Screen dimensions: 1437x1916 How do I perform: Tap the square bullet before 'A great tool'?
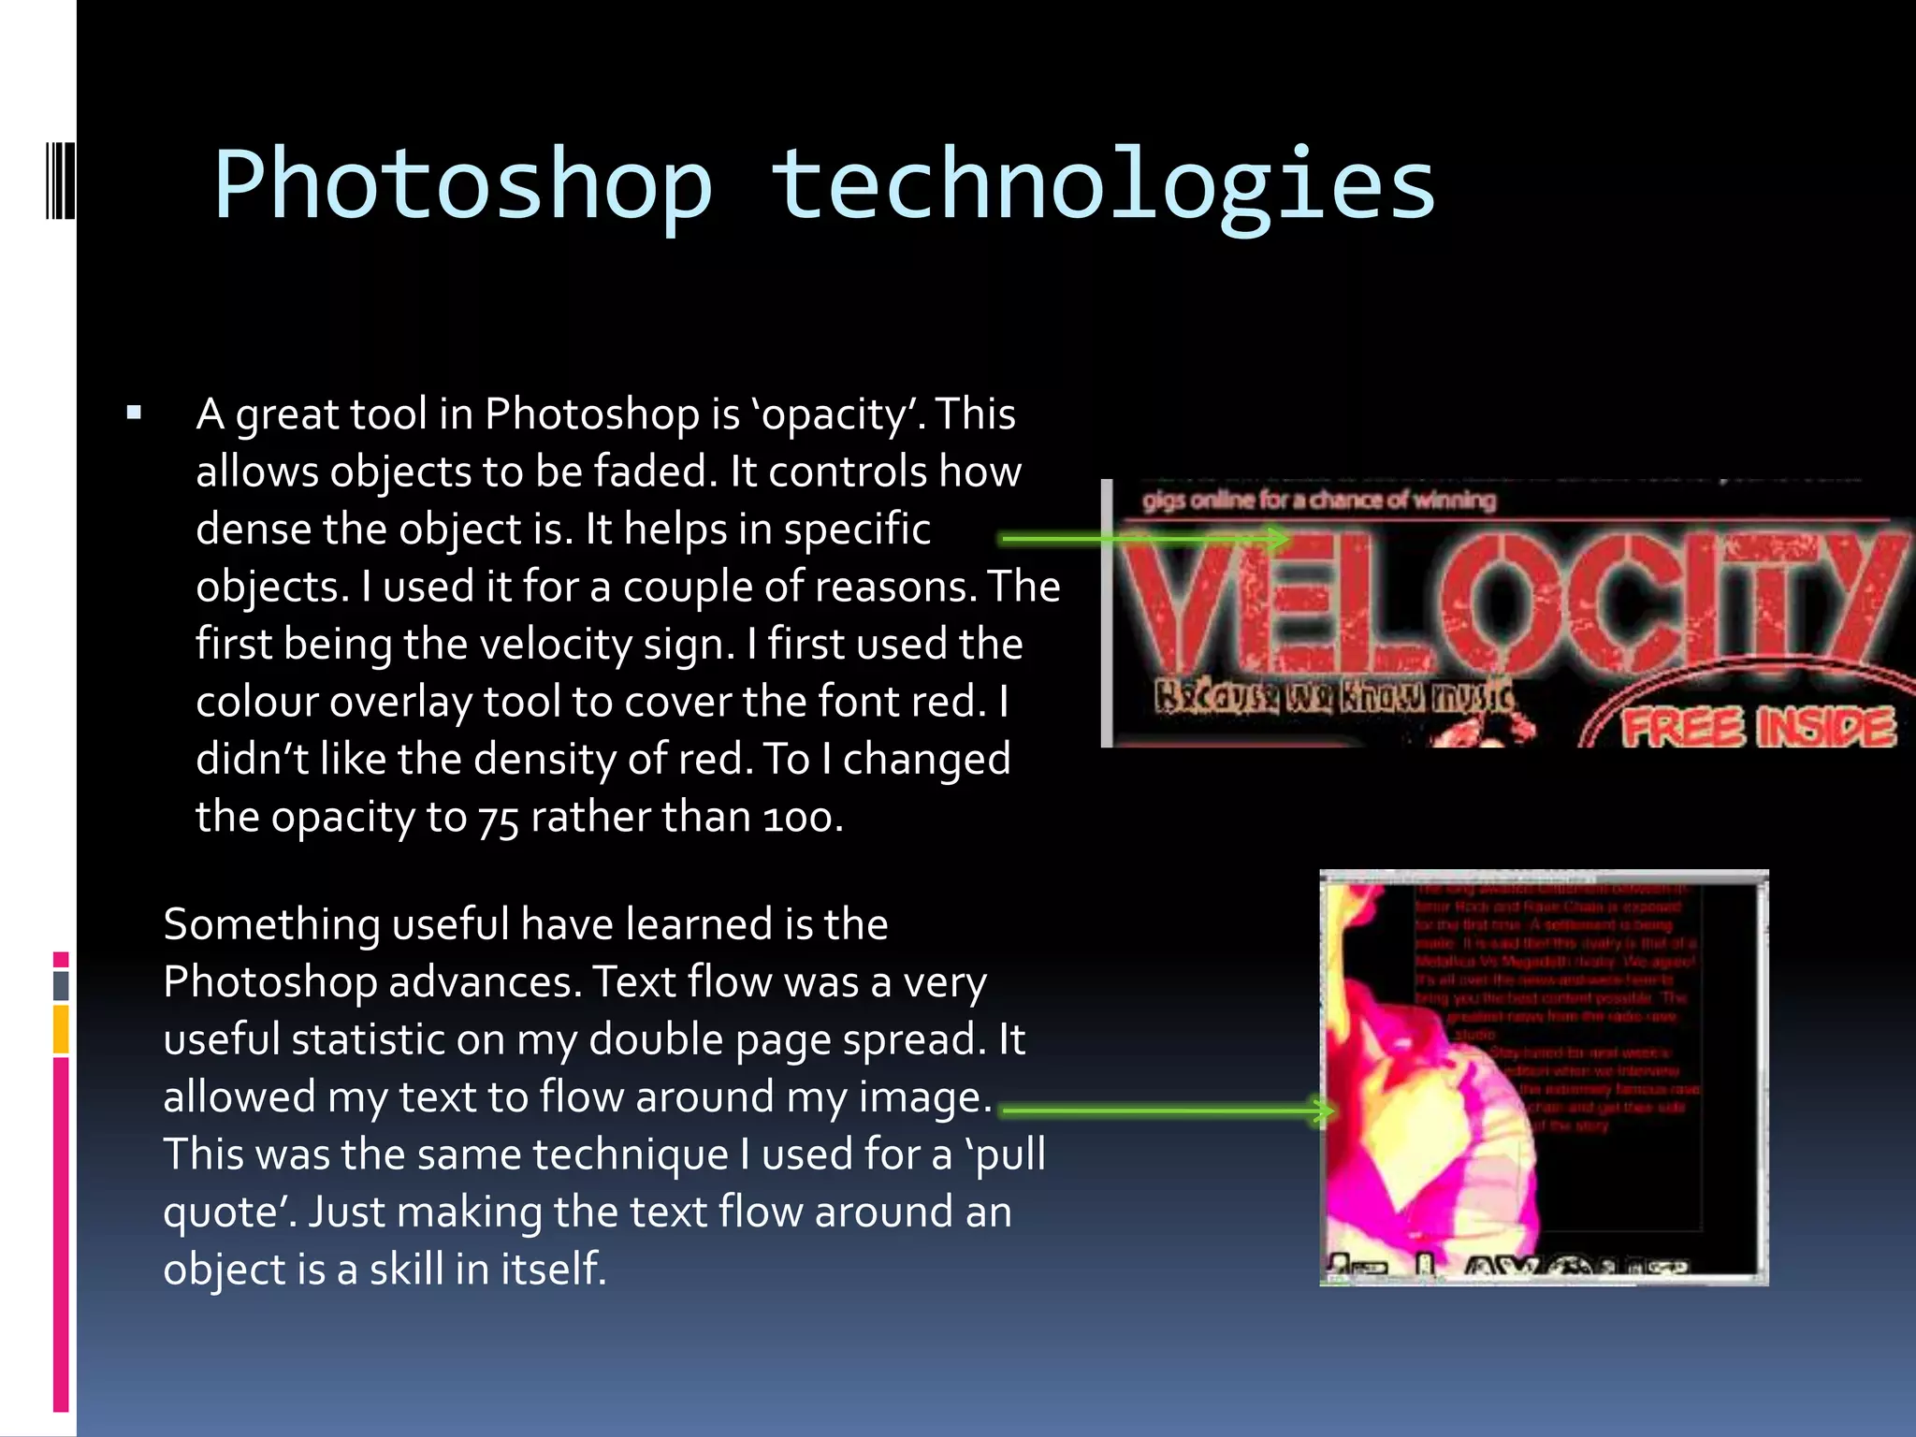pos(134,413)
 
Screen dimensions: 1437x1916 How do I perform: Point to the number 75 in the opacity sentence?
pos(498,819)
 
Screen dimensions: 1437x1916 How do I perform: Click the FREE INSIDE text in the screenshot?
pos(1757,728)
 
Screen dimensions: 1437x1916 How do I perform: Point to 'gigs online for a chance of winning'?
pos(1318,501)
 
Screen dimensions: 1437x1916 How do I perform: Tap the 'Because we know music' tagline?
pos(1332,697)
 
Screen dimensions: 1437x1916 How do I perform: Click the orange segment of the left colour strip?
pos(61,1029)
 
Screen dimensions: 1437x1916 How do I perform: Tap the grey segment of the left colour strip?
pos(61,985)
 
